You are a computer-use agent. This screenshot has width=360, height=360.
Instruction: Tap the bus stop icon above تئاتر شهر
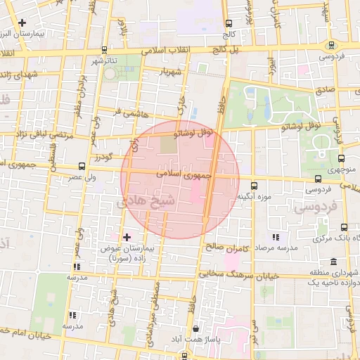click(104, 50)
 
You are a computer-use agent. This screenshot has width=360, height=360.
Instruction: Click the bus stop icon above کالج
click(229, 23)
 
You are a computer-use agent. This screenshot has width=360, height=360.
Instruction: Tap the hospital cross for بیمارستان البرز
click(23, 23)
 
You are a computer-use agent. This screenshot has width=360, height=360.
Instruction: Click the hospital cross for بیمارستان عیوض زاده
click(127, 237)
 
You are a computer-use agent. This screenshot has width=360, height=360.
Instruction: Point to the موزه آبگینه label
click(255, 195)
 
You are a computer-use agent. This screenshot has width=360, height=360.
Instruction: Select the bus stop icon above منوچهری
click(342, 159)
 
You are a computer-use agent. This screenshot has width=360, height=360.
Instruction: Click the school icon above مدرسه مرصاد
click(276, 237)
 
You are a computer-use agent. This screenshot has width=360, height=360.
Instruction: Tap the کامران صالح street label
click(224, 247)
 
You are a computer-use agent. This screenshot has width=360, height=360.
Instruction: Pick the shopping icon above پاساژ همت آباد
click(195, 329)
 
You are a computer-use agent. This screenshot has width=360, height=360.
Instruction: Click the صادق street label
click(325, 90)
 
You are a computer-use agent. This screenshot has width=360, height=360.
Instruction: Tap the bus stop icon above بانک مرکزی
click(344, 227)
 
